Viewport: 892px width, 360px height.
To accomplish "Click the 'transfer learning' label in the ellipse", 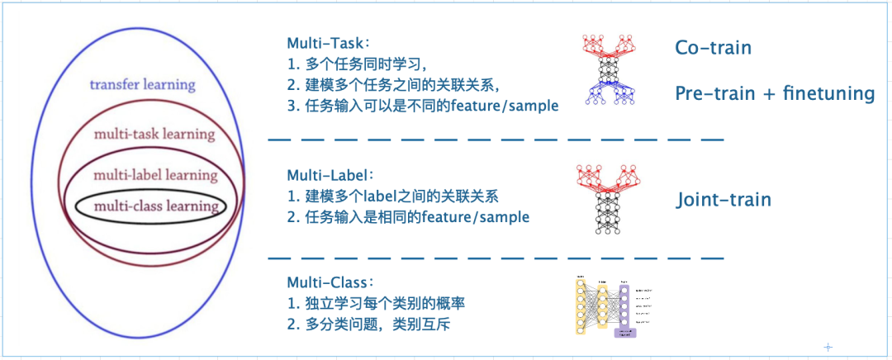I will coord(142,84).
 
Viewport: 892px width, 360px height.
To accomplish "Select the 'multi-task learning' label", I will coord(154,134).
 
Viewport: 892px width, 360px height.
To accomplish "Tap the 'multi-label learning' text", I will coord(155,174).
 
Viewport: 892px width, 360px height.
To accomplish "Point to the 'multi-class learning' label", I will coord(156,206).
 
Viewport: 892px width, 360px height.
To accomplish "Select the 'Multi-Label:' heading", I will coord(331,176).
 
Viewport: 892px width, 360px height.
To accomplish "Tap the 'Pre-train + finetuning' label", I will coord(774,92).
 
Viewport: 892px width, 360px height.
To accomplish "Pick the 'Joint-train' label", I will coord(724,200).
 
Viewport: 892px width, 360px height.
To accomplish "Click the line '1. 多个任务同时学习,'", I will coord(357,64).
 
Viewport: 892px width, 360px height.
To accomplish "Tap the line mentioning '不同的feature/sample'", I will coord(423,107).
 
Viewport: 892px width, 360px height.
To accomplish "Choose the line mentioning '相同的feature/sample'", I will coord(408,218).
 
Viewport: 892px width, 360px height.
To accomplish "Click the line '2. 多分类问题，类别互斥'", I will coord(369,325).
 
